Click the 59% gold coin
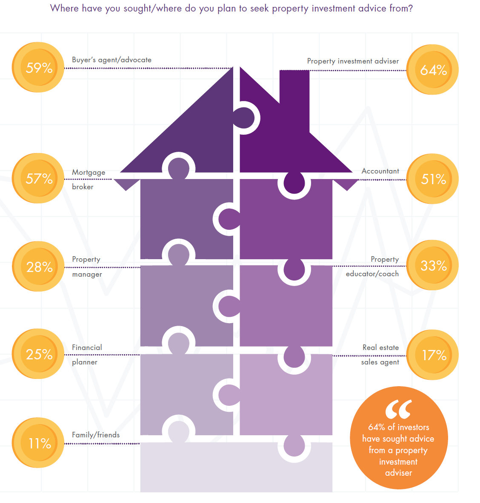(38, 67)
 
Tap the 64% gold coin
(433, 69)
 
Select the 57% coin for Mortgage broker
(38, 178)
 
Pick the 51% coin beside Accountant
(433, 179)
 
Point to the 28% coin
(38, 266)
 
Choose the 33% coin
(433, 266)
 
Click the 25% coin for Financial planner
(38, 354)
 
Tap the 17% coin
(433, 355)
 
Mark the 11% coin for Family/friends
(38, 443)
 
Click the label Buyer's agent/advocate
(111, 60)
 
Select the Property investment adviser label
(353, 61)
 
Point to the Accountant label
(380, 171)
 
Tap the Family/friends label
(96, 435)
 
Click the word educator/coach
(372, 274)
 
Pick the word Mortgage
(89, 172)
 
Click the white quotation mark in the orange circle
(398, 410)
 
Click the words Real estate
(380, 348)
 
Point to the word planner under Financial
(85, 362)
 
